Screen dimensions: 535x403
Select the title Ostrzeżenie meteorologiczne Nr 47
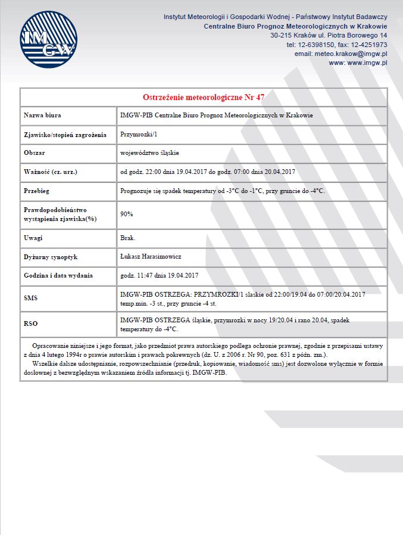point(204,97)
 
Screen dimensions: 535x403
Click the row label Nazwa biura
point(42,116)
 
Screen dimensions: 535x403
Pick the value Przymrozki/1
point(138,135)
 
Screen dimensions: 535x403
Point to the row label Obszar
point(35,153)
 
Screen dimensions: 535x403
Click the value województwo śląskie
point(149,153)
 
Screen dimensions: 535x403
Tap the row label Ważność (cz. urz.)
point(51,172)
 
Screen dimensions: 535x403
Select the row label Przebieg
point(36,191)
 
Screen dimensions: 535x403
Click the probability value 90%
point(127,214)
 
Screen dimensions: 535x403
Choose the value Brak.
point(128,238)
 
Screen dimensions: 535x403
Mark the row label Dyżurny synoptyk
point(51,257)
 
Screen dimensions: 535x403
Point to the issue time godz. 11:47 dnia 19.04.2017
point(159,276)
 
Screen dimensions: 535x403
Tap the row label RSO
point(31,324)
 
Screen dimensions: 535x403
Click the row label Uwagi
point(33,238)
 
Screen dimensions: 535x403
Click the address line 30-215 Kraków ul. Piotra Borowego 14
point(329,36)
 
